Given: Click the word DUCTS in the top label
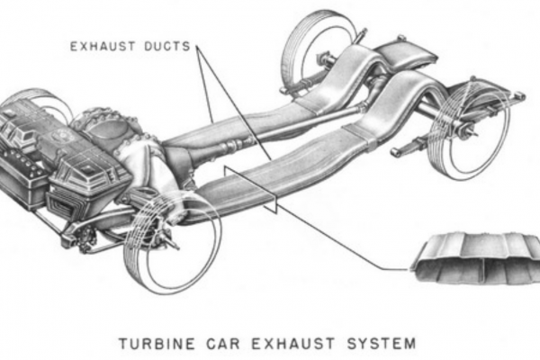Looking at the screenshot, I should [x=166, y=42].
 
